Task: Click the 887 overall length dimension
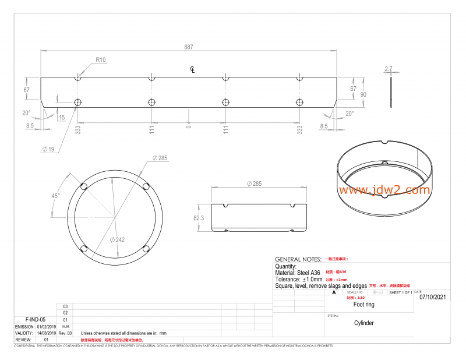pyautogui.click(x=188, y=47)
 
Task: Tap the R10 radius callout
pyautogui.click(x=101, y=60)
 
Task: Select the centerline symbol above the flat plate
pyautogui.click(x=193, y=70)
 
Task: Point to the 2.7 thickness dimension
pyautogui.click(x=389, y=69)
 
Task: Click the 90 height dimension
pyautogui.click(x=363, y=94)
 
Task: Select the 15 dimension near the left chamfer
pyautogui.click(x=62, y=118)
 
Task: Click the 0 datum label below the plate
pyautogui.click(x=188, y=126)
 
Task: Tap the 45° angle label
pyautogui.click(x=55, y=196)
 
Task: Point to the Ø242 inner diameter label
pyautogui.click(x=120, y=239)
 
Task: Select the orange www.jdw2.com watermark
pyautogui.click(x=383, y=190)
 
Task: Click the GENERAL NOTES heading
pyautogui.click(x=298, y=259)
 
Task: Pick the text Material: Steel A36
pyautogui.click(x=297, y=273)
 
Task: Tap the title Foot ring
pyautogui.click(x=364, y=304)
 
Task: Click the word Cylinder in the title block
pyautogui.click(x=364, y=323)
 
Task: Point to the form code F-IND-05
pyautogui.click(x=36, y=319)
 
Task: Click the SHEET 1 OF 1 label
pyautogui.click(x=400, y=292)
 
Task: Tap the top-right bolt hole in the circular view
pyautogui.click(x=146, y=186)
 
